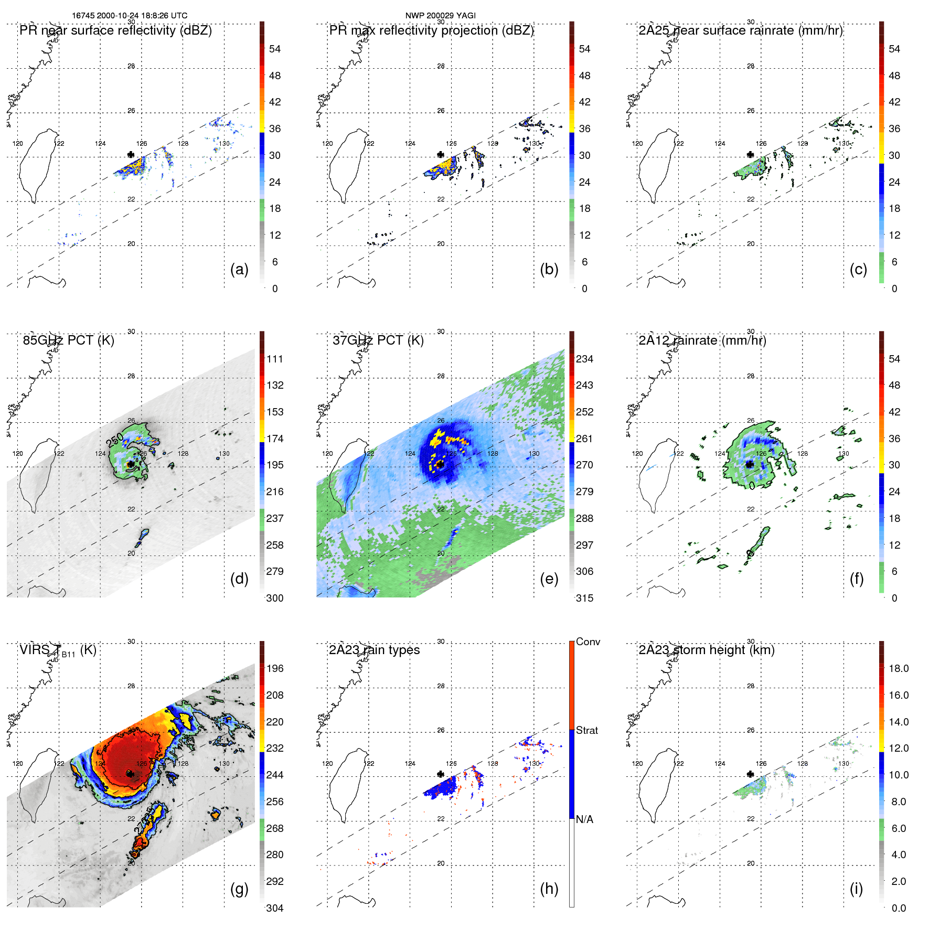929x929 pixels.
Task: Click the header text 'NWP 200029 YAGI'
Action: tap(440, 15)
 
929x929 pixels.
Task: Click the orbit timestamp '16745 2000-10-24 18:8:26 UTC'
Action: tap(130, 15)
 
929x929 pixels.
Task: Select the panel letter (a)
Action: tap(239, 269)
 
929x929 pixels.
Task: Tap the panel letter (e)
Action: tap(549, 579)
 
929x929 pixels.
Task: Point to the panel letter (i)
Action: tap(856, 889)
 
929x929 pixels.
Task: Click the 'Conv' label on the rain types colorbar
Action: tap(588, 642)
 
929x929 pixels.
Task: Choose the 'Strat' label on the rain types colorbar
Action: tap(587, 730)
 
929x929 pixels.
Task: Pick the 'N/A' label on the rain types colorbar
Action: tap(584, 819)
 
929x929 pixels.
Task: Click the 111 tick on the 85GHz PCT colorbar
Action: tap(275, 359)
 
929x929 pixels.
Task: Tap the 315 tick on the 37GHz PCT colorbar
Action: tap(585, 598)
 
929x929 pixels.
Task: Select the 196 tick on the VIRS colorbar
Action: tap(275, 668)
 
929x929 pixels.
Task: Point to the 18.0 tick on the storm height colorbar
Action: tap(899, 668)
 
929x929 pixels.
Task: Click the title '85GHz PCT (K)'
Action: tap(69, 340)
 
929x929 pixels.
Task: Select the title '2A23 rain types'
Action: tap(375, 650)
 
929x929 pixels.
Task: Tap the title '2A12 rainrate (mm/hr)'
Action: tap(702, 340)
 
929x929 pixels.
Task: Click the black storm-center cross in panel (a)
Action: tap(131, 154)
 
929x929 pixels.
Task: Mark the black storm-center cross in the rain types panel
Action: tap(441, 774)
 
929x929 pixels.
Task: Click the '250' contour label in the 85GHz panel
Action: tap(115, 440)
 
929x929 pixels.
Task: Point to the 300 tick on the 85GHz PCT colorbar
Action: tap(275, 598)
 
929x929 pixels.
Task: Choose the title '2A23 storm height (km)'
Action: tap(707, 650)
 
